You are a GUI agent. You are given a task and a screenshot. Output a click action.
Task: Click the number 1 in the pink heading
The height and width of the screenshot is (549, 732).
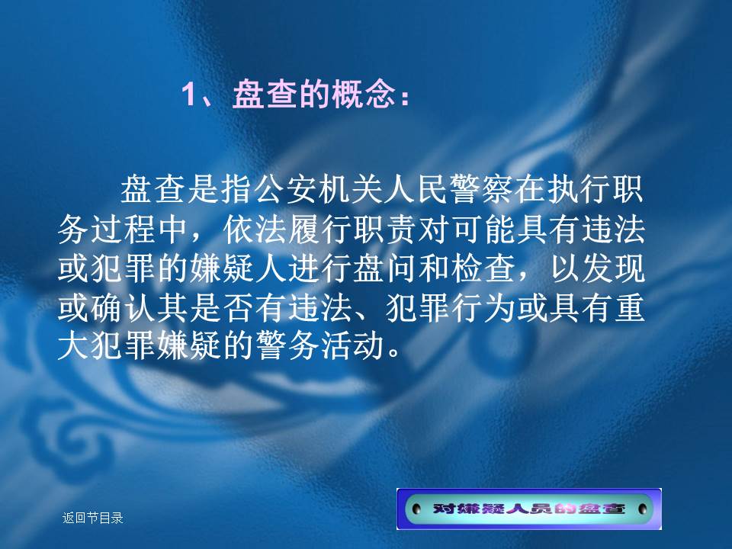(188, 95)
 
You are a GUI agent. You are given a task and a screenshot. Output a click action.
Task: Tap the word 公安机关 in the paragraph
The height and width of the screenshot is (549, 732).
(286, 190)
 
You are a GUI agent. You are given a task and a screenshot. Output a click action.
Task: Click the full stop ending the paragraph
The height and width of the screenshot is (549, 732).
(394, 353)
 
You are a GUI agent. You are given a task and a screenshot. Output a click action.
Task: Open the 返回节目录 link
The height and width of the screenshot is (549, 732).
(92, 518)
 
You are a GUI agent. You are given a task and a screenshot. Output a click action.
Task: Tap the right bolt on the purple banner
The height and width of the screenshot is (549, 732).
(642, 509)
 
